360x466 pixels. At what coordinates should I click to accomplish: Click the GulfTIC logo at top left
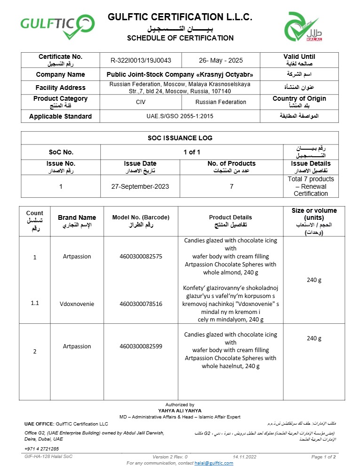[x=57, y=26]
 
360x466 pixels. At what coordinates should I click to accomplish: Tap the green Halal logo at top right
[x=304, y=27]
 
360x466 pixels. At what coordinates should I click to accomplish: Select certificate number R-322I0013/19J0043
[x=141, y=60]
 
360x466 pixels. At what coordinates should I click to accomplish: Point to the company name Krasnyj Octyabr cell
[x=183, y=74]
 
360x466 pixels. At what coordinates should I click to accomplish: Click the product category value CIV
[x=141, y=102]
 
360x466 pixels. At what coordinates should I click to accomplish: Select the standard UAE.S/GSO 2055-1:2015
[x=180, y=116]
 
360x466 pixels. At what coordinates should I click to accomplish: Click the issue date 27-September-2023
[x=140, y=186]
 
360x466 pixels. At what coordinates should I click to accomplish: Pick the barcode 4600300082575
[x=141, y=257]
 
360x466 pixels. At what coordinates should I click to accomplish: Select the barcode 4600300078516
[x=141, y=304]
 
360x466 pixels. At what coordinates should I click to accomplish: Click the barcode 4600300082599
[x=141, y=346]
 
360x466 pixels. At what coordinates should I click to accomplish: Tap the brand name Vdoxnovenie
[x=77, y=304]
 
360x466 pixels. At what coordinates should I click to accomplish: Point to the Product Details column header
[x=231, y=217]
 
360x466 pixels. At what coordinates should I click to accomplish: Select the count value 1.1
[x=35, y=304]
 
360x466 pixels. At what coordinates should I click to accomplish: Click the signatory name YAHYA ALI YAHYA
[x=180, y=410]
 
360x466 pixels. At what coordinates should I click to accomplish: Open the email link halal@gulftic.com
[x=214, y=463]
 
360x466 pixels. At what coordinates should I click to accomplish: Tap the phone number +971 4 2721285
[x=42, y=449]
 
